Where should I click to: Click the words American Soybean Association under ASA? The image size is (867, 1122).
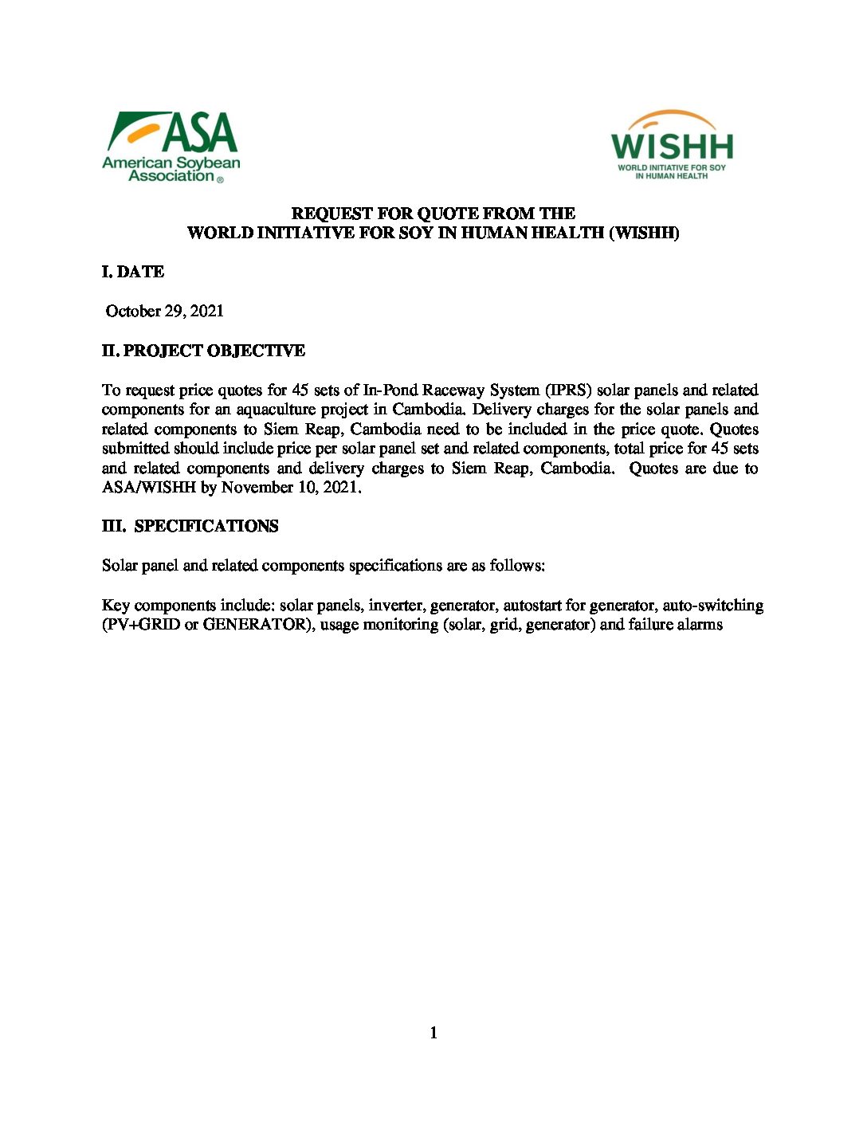click(x=171, y=169)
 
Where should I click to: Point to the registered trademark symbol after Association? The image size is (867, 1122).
click(x=220, y=180)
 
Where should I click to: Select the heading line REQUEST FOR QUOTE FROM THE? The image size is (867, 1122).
click(x=433, y=214)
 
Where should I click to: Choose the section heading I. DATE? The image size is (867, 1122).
click(x=133, y=272)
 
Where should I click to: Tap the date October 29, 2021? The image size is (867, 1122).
click(x=165, y=312)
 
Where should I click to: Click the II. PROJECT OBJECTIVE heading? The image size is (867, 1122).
click(x=203, y=351)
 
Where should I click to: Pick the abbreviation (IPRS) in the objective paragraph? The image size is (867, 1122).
click(x=568, y=390)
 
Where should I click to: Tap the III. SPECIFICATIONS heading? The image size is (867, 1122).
click(x=190, y=526)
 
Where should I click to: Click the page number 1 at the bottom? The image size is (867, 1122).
click(x=433, y=1034)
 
